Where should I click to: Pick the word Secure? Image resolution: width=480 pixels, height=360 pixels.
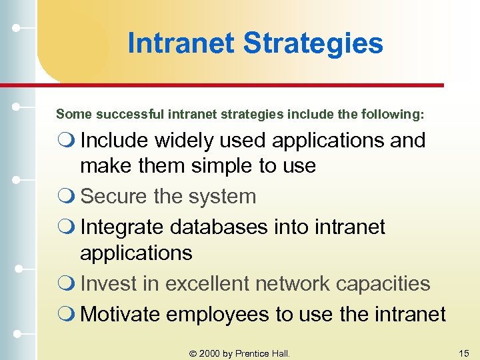pos(111,197)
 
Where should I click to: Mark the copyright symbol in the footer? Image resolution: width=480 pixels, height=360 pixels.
pos(192,353)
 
